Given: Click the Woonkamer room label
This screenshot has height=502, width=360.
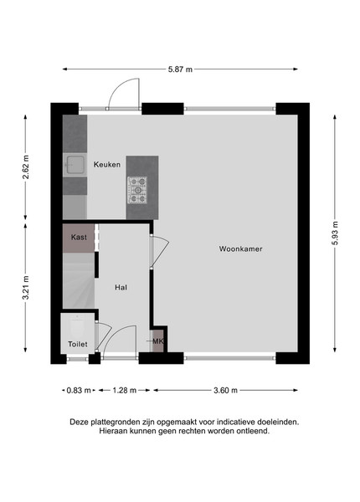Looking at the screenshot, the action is pyautogui.click(x=240, y=248).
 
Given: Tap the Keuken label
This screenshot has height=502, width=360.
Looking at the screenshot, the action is pyautogui.click(x=107, y=165).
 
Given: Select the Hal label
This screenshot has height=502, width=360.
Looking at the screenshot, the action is pyautogui.click(x=121, y=288).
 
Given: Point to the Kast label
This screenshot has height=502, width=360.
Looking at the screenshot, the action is pyautogui.click(x=79, y=238).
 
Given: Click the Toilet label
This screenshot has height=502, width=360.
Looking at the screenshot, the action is pyautogui.click(x=78, y=344).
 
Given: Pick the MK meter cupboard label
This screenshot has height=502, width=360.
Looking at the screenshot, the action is pyautogui.click(x=158, y=341).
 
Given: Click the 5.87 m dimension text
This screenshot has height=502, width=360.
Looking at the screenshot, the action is pyautogui.click(x=180, y=69).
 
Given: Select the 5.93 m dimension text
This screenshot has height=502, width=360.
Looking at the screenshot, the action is pyautogui.click(x=335, y=233).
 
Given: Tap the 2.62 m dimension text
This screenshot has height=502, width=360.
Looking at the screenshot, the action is pyautogui.click(x=26, y=166).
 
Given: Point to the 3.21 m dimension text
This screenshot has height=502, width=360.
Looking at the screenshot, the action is pyautogui.click(x=26, y=288).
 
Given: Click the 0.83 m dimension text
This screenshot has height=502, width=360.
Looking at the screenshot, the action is pyautogui.click(x=79, y=390).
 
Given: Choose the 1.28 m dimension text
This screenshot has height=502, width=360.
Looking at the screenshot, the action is pyautogui.click(x=124, y=390).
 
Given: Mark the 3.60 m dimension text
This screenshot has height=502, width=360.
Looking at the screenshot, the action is pyautogui.click(x=225, y=390).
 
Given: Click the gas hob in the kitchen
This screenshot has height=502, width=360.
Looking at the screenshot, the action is pyautogui.click(x=137, y=190).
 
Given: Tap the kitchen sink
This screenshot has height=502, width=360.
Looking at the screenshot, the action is pyautogui.click(x=75, y=165).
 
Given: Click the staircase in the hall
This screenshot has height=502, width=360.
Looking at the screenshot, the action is pyautogui.click(x=79, y=281).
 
